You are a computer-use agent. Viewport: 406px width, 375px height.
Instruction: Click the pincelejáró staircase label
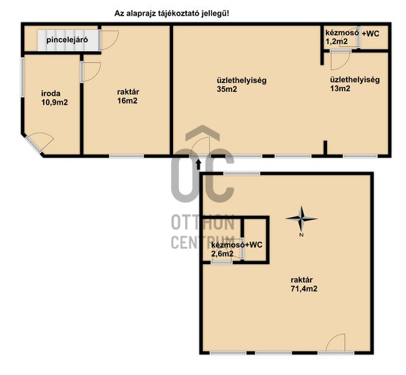coord(67,40)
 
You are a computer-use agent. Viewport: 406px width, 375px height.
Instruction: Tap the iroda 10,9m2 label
coord(54,98)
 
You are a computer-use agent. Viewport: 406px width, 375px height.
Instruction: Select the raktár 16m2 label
coord(127,96)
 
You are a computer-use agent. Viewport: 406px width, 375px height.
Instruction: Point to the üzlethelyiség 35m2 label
coord(241,84)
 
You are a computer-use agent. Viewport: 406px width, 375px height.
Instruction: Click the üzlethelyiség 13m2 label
coord(355,84)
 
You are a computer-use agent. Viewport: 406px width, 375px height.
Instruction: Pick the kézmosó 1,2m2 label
coord(342,37)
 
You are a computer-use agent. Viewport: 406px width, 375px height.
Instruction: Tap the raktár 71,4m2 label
coord(304,284)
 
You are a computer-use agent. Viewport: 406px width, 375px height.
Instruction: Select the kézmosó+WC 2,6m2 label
coord(236,249)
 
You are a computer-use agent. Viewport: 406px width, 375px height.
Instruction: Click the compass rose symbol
coord(301,218)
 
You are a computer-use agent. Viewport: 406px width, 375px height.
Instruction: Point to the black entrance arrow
coord(199,164)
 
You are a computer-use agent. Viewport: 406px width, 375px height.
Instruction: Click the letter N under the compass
coord(301,235)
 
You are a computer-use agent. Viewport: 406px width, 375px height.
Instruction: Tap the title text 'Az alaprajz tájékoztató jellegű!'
coord(172,14)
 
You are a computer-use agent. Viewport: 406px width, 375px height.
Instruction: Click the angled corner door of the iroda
coord(39,142)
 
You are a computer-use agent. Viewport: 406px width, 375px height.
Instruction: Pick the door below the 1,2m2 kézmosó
coord(341,60)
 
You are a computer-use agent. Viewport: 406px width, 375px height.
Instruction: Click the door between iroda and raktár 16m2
coord(91,72)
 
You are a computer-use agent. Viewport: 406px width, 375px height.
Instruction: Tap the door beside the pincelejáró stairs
coord(109,40)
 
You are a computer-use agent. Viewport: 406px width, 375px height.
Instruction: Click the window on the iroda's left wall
coord(22,77)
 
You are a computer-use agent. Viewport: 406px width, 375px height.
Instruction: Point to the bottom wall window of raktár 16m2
coord(126,157)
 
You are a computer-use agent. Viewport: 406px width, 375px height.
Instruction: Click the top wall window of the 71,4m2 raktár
coord(242,174)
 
